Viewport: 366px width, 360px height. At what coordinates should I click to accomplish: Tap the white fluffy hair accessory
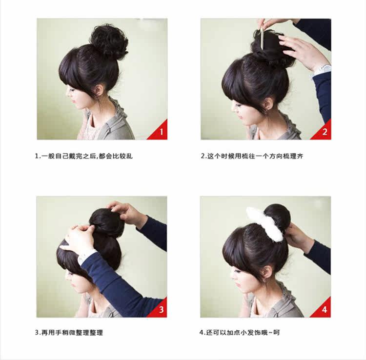click(x=265, y=224)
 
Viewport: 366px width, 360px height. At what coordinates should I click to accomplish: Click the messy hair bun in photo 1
click(x=109, y=41)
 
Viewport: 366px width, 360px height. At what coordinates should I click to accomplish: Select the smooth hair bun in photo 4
click(x=278, y=217)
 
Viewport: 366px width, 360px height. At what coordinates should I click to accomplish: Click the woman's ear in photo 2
click(x=267, y=103)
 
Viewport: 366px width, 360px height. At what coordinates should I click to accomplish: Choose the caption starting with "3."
click(x=69, y=333)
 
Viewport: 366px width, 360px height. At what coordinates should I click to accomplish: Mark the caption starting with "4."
click(x=239, y=333)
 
